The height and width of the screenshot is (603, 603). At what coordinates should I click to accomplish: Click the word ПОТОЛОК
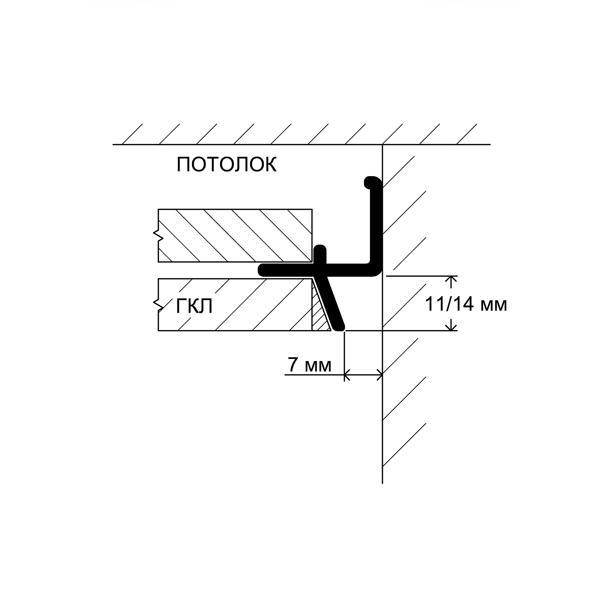click(x=227, y=164)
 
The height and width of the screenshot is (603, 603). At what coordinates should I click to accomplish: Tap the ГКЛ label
click(x=194, y=306)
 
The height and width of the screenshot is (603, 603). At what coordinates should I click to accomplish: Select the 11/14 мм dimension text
click(x=466, y=304)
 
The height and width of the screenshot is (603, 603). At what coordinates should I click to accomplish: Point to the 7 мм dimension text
click(x=310, y=365)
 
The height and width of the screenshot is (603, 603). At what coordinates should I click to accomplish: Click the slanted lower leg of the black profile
click(x=330, y=303)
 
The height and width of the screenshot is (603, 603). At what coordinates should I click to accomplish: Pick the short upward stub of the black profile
click(x=320, y=255)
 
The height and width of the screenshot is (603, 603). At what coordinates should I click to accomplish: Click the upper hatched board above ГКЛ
click(x=235, y=235)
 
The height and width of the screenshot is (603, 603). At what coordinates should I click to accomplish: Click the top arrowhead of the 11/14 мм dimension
click(x=452, y=281)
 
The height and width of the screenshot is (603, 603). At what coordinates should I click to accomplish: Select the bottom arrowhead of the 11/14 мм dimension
click(x=452, y=325)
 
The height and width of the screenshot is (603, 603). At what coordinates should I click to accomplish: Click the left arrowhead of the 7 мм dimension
click(x=347, y=374)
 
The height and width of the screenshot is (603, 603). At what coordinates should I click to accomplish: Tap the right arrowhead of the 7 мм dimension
click(x=379, y=374)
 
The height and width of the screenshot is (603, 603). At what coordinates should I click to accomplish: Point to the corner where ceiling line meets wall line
click(x=382, y=144)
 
